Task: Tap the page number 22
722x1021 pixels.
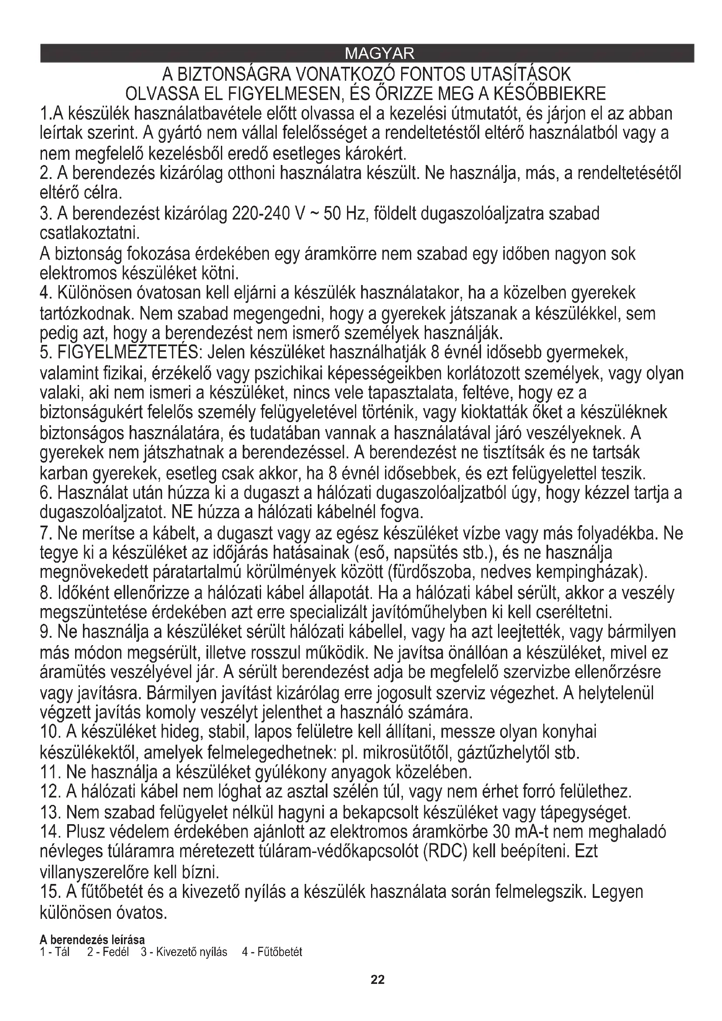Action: coord(378,980)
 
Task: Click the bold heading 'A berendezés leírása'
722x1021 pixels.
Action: coord(92,940)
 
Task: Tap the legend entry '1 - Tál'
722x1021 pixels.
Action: coord(55,952)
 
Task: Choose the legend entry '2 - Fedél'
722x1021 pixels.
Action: coord(108,952)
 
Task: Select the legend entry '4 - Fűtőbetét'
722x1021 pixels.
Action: coord(272,952)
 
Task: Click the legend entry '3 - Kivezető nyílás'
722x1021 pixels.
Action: coord(184,952)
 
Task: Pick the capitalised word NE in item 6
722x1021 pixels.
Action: coord(182,513)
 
